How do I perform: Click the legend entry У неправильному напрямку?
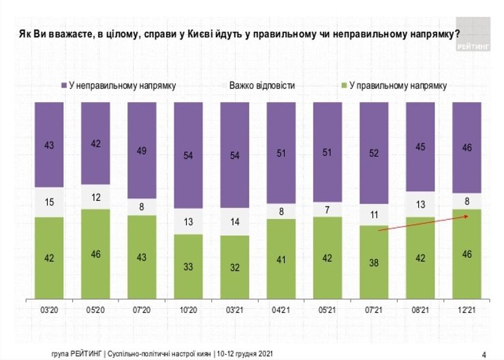pyautogui.click(x=122, y=86)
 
